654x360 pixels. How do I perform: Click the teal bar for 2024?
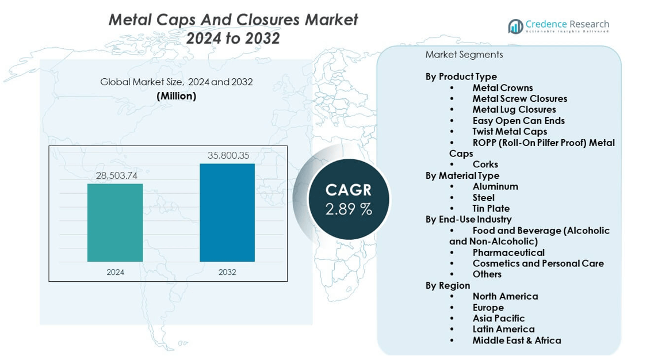pyautogui.click(x=115, y=223)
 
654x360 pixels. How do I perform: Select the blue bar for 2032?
pyautogui.click(x=227, y=213)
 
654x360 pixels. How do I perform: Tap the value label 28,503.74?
pyautogui.click(x=116, y=175)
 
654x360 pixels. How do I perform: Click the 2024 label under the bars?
pyautogui.click(x=115, y=272)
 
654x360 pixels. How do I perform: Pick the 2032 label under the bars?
pyautogui.click(x=227, y=272)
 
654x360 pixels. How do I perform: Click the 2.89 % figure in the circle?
pyautogui.click(x=349, y=209)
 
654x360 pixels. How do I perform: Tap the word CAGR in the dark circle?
pyautogui.click(x=349, y=190)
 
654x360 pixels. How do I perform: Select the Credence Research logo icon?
pyautogui.click(x=515, y=26)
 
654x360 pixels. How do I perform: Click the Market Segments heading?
pyautogui.click(x=464, y=55)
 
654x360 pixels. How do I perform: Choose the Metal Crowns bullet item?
pyautogui.click(x=502, y=88)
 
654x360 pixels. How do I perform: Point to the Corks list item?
pyautogui.click(x=485, y=164)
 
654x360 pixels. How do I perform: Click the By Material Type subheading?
pyautogui.click(x=462, y=175)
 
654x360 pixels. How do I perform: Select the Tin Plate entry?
pyautogui.click(x=491, y=208)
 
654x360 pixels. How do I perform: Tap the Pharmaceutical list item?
pyautogui.click(x=508, y=252)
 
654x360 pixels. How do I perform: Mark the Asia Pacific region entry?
pyautogui.click(x=498, y=318)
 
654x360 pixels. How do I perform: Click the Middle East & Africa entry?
pyautogui.click(x=517, y=340)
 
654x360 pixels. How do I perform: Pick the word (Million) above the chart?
pyautogui.click(x=177, y=96)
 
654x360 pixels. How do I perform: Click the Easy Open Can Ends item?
pyautogui.click(x=518, y=121)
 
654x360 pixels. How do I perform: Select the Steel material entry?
pyautogui.click(x=483, y=197)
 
